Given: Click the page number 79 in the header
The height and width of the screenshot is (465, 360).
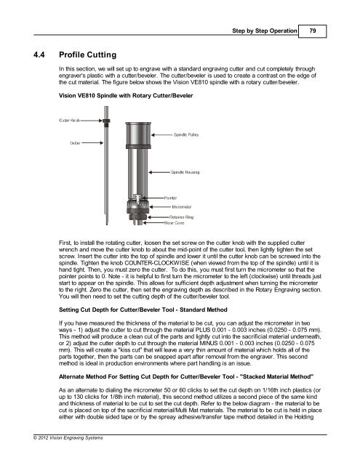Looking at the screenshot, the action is tap(313, 31).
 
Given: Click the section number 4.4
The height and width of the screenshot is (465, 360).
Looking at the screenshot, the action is tap(39, 55).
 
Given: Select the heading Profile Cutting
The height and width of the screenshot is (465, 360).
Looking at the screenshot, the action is tap(87, 55).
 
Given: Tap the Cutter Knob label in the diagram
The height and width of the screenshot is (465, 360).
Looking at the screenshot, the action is tap(69, 121).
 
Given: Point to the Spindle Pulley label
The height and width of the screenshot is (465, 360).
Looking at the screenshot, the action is tap(186, 135).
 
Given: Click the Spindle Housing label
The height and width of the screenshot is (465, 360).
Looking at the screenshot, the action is tap(185, 172).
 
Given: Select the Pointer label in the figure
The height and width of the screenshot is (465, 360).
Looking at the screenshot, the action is tap(170, 198).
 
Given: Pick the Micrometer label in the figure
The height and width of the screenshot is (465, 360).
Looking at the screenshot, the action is tap(182, 207).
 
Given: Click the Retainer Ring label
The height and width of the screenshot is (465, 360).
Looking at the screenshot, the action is tap(181, 217).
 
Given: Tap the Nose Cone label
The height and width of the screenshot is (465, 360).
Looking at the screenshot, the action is tap(175, 223).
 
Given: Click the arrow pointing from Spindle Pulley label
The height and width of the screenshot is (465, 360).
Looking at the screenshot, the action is tap(162, 135).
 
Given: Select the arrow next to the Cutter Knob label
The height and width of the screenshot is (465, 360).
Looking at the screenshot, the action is tap(92, 121).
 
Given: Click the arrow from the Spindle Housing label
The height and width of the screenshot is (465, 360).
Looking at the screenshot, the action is tap(159, 172).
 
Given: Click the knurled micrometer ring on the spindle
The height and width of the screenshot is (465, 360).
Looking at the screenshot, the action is tap(137, 206).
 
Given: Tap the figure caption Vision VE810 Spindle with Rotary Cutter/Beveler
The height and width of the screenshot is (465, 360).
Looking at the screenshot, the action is tap(126, 96).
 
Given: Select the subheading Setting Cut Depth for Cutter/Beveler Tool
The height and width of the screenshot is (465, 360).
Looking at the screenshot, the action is tap(143, 310).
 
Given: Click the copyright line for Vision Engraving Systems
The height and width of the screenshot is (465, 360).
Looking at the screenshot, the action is tap(68, 437).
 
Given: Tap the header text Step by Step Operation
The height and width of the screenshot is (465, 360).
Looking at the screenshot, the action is tap(265, 31).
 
